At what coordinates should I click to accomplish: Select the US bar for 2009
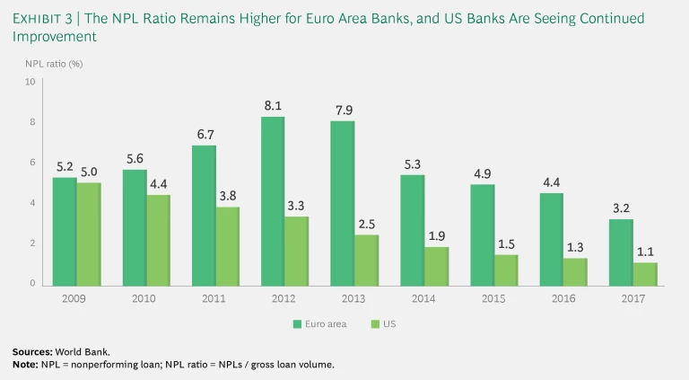(89, 234)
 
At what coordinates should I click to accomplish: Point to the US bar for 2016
(575, 271)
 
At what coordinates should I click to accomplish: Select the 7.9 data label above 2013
(342, 110)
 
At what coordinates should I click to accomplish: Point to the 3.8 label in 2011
(228, 194)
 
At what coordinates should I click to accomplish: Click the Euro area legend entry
(321, 323)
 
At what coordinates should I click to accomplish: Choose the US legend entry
(381, 323)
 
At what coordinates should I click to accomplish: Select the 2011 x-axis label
(215, 297)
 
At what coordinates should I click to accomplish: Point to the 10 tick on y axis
(30, 82)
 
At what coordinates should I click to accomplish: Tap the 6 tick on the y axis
(31, 163)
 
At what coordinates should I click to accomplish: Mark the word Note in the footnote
(23, 363)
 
